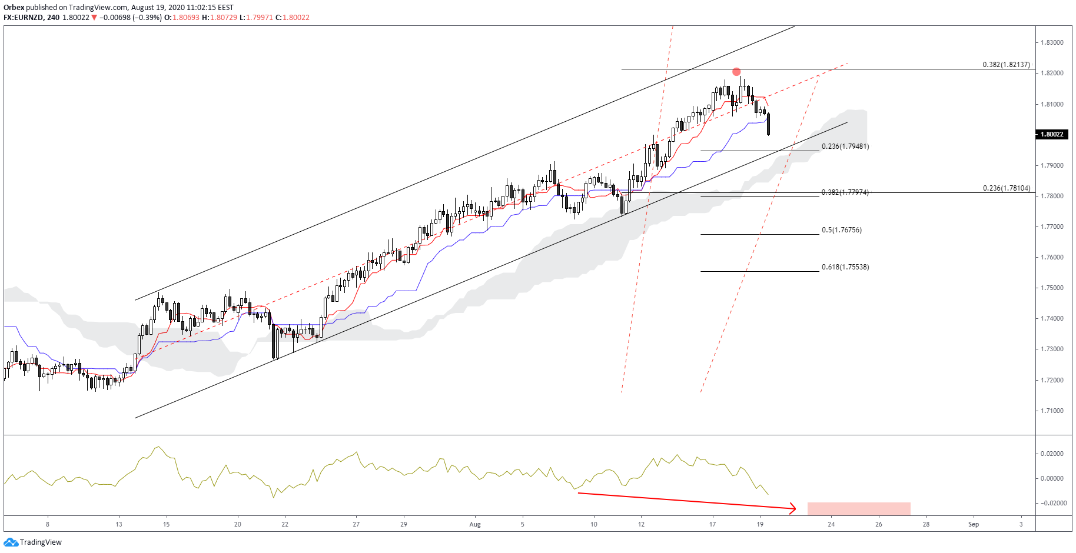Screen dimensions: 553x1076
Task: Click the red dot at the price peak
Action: pos(736,72)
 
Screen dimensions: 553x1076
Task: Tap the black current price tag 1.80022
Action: pos(1052,134)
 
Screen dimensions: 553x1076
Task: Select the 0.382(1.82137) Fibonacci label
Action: pos(1006,65)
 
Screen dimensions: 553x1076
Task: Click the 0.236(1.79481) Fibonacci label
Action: pos(845,146)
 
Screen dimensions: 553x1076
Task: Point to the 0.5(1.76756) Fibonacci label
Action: pos(842,230)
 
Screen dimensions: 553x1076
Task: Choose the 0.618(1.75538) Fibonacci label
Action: pos(845,267)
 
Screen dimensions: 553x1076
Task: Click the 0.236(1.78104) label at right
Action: pos(1006,188)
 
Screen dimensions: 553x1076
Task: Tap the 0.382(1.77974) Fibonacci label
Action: pos(845,192)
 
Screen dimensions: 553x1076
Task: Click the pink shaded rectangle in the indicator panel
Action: pos(859,509)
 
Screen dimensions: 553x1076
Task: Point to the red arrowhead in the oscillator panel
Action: pos(793,508)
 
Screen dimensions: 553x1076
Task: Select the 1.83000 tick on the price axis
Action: pos(1052,43)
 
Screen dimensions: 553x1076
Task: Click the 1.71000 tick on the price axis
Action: pos(1052,411)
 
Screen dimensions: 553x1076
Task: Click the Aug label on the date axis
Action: pos(475,524)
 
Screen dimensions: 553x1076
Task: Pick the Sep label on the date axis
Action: pos(974,524)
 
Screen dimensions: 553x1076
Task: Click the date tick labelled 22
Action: pos(285,524)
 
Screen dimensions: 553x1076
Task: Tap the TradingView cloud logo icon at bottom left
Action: pos(11,542)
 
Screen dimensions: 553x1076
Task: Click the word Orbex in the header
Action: pos(14,8)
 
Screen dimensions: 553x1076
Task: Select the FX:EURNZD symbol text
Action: pos(24,18)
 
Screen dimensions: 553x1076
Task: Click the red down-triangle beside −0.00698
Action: pos(94,18)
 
